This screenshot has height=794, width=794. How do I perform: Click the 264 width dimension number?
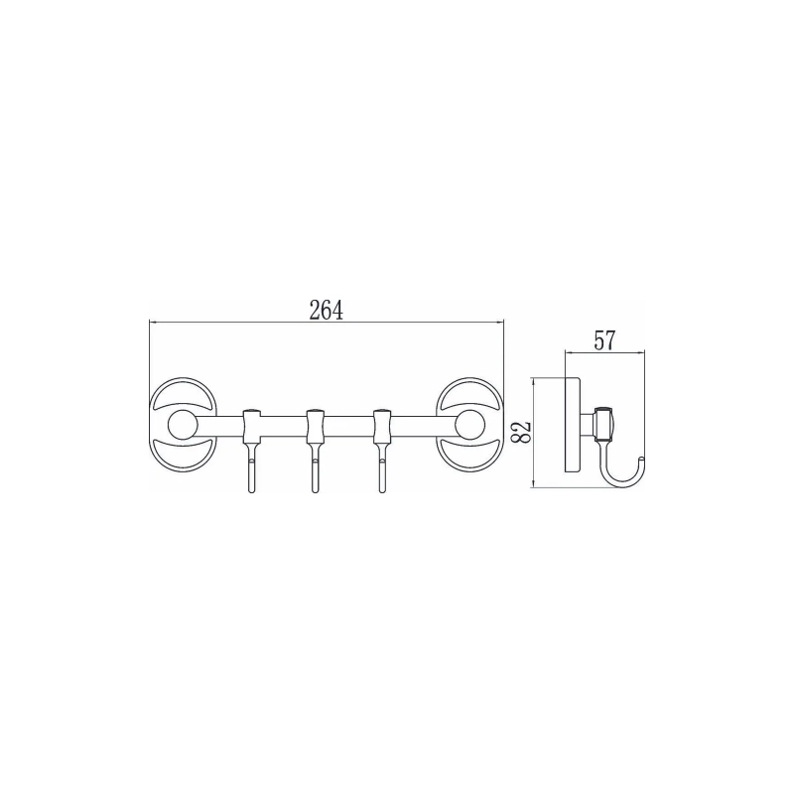click(327, 310)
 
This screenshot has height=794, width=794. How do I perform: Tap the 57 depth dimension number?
click(603, 340)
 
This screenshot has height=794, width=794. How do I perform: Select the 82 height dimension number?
click(522, 432)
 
